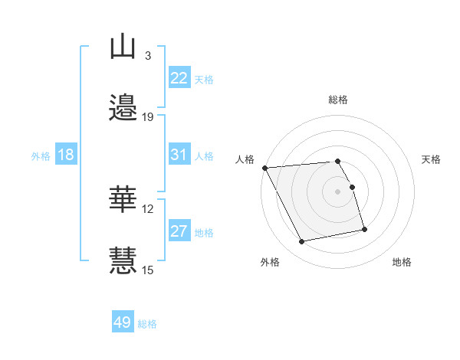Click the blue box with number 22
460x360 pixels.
[179, 78]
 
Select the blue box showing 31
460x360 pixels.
[179, 155]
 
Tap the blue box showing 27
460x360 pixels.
[179, 231]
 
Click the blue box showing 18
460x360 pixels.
[65, 155]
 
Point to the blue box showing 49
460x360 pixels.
[123, 322]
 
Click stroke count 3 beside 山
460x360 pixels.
[147, 56]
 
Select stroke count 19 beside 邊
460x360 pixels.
[148, 116]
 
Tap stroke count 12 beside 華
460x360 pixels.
[148, 208]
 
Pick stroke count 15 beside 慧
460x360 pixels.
[148, 269]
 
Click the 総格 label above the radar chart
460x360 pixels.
[337, 100]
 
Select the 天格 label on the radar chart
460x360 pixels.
[431, 159]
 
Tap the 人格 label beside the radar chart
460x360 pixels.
[245, 159]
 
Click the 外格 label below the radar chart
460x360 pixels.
[270, 262]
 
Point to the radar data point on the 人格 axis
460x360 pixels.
[264, 168]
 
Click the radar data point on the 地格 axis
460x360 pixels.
[364, 229]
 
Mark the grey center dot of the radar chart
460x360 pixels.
[337, 191]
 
